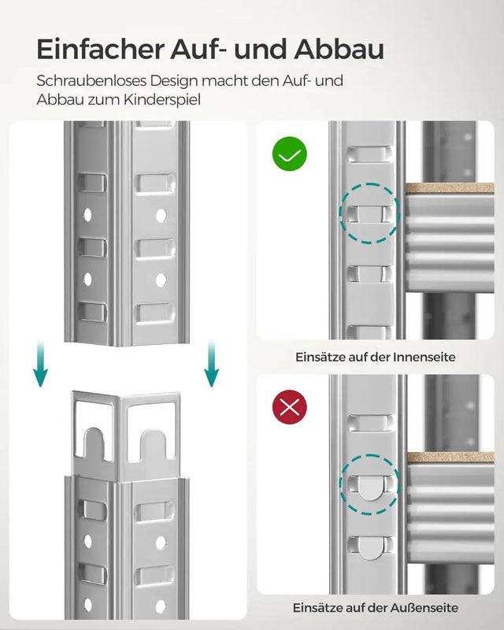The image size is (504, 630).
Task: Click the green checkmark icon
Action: click(x=290, y=154)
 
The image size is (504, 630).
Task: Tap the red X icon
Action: click(x=290, y=407)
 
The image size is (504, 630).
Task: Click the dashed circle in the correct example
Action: click(x=369, y=213)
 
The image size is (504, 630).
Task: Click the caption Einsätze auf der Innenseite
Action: click(x=375, y=357)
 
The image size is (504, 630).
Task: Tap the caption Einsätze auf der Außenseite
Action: click(x=375, y=608)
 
